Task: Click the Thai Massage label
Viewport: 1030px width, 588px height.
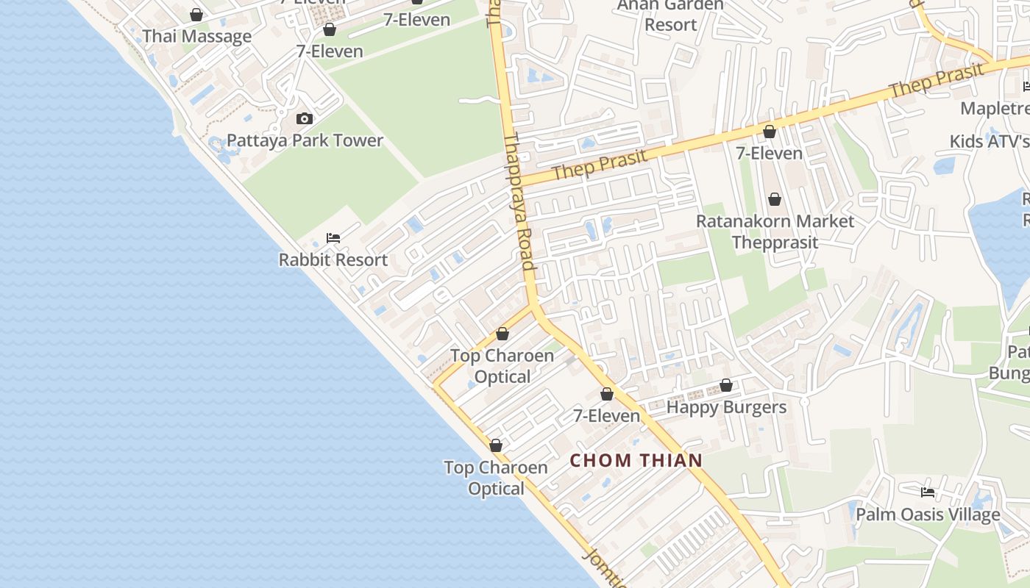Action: [x=196, y=37]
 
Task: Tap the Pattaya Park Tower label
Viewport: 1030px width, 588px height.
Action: [x=305, y=140]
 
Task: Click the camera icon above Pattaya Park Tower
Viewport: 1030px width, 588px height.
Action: [x=304, y=118]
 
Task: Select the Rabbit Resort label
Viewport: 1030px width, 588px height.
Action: [x=333, y=259]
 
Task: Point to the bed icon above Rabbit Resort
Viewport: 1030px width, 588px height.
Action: [x=333, y=237]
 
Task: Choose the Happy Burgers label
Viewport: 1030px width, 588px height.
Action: [x=726, y=407]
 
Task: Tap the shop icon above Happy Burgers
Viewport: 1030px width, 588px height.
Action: [x=726, y=385]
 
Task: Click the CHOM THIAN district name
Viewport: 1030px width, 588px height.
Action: [x=636, y=461]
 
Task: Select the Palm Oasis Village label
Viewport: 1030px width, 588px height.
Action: [x=927, y=514]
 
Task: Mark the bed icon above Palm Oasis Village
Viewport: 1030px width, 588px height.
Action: [x=928, y=492]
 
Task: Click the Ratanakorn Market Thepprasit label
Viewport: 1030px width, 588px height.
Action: [x=775, y=232]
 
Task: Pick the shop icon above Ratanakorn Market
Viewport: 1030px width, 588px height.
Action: [x=774, y=199]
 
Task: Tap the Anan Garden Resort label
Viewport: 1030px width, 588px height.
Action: [x=669, y=15]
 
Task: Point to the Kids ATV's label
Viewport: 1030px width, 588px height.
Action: [x=989, y=141]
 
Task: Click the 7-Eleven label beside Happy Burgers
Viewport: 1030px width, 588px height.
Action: [x=607, y=416]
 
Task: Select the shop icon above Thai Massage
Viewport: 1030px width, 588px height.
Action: [x=196, y=15]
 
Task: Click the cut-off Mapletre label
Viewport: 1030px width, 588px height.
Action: [x=995, y=109]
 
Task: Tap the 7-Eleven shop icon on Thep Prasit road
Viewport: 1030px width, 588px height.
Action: [x=769, y=132]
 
